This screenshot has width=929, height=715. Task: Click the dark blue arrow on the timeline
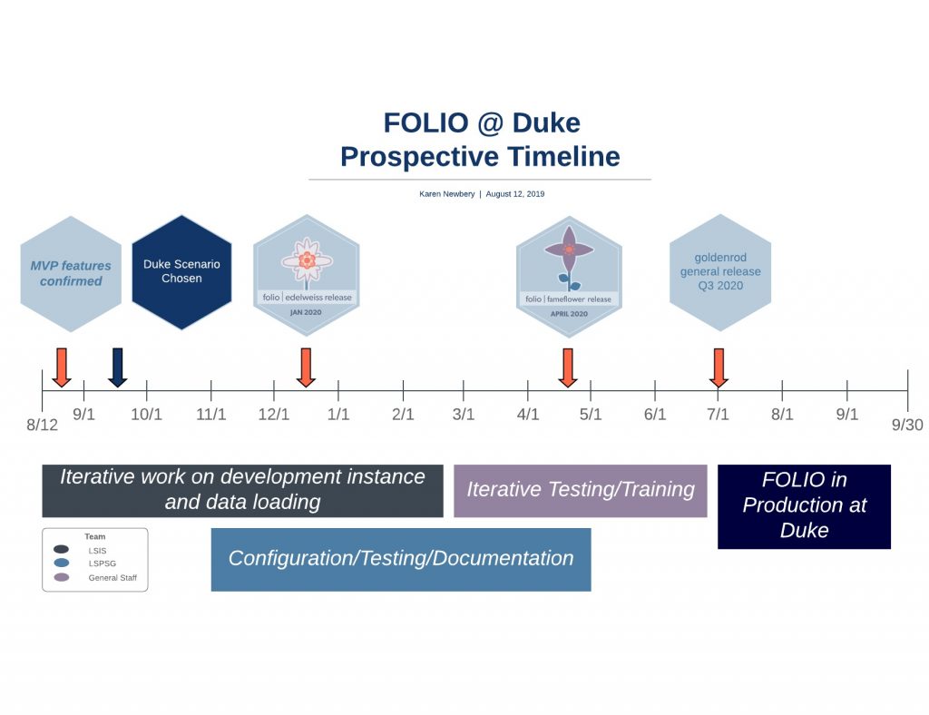(x=117, y=367)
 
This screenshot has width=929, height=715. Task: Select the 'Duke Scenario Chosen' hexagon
(x=181, y=271)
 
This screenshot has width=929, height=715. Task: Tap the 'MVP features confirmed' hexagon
(x=71, y=273)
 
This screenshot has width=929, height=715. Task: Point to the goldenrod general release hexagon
(x=720, y=272)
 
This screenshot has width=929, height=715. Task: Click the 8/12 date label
(x=42, y=425)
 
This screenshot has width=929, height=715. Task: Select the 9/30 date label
(x=906, y=425)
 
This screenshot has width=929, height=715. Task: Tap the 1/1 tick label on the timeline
(x=338, y=415)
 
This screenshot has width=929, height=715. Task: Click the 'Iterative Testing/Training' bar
(x=580, y=490)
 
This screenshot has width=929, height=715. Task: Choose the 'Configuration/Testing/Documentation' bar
(x=400, y=559)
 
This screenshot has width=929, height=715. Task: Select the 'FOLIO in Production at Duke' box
(x=804, y=505)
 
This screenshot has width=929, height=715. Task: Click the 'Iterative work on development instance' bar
(x=242, y=490)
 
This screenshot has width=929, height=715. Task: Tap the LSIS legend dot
(x=62, y=550)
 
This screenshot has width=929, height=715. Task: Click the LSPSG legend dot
(x=62, y=563)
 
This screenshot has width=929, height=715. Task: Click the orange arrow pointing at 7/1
(x=719, y=367)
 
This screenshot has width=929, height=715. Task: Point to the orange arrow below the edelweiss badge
(x=306, y=367)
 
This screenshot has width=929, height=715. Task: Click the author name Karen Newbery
(x=446, y=194)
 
